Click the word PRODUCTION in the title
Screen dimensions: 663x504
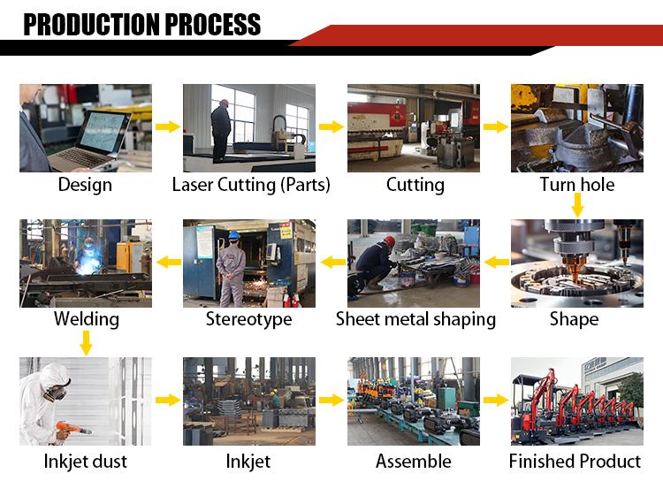point(92,25)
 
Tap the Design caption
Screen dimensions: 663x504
point(85,185)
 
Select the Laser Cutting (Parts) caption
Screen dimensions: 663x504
point(251,185)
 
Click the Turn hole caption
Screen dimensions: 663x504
point(577,184)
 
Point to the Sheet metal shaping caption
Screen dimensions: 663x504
point(415,319)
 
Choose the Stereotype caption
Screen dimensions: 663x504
point(248,319)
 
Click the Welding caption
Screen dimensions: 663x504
point(87,319)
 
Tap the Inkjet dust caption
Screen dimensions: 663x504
point(86,462)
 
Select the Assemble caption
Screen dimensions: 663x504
point(413,462)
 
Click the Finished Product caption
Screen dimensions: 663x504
point(575,462)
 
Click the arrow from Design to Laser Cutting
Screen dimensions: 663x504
point(168,126)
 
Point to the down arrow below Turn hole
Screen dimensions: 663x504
point(577,205)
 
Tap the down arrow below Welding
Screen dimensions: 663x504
point(87,343)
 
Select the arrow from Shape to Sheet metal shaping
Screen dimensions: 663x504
point(497,262)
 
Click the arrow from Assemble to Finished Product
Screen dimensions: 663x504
point(496,400)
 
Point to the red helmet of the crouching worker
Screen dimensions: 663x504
point(390,241)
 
